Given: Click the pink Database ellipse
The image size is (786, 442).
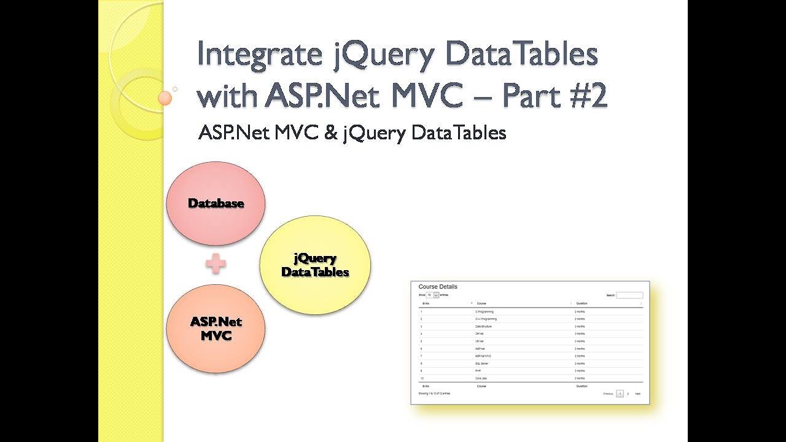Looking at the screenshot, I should (216, 203).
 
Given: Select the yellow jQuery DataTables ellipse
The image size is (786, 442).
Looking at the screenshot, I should (315, 265).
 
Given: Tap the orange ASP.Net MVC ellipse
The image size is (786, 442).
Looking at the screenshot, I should (216, 328).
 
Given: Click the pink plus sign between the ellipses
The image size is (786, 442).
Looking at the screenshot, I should (216, 264).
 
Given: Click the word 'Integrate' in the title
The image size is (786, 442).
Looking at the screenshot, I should (259, 55).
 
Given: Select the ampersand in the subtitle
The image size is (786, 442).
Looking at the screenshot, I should (331, 133).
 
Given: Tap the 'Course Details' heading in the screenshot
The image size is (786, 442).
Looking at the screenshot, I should (438, 287).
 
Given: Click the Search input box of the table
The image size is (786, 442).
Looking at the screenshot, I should (629, 295).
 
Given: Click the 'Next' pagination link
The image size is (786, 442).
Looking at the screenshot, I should (637, 394).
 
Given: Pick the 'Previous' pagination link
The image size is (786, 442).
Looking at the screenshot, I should (608, 394).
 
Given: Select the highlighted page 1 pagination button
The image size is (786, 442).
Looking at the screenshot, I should (620, 394).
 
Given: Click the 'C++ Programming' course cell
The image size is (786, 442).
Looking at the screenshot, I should (486, 319).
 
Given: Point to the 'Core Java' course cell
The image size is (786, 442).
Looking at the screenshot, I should (483, 378).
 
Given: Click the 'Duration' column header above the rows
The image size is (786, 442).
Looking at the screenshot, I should (582, 303).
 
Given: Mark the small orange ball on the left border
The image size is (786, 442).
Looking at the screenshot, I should (165, 98).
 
